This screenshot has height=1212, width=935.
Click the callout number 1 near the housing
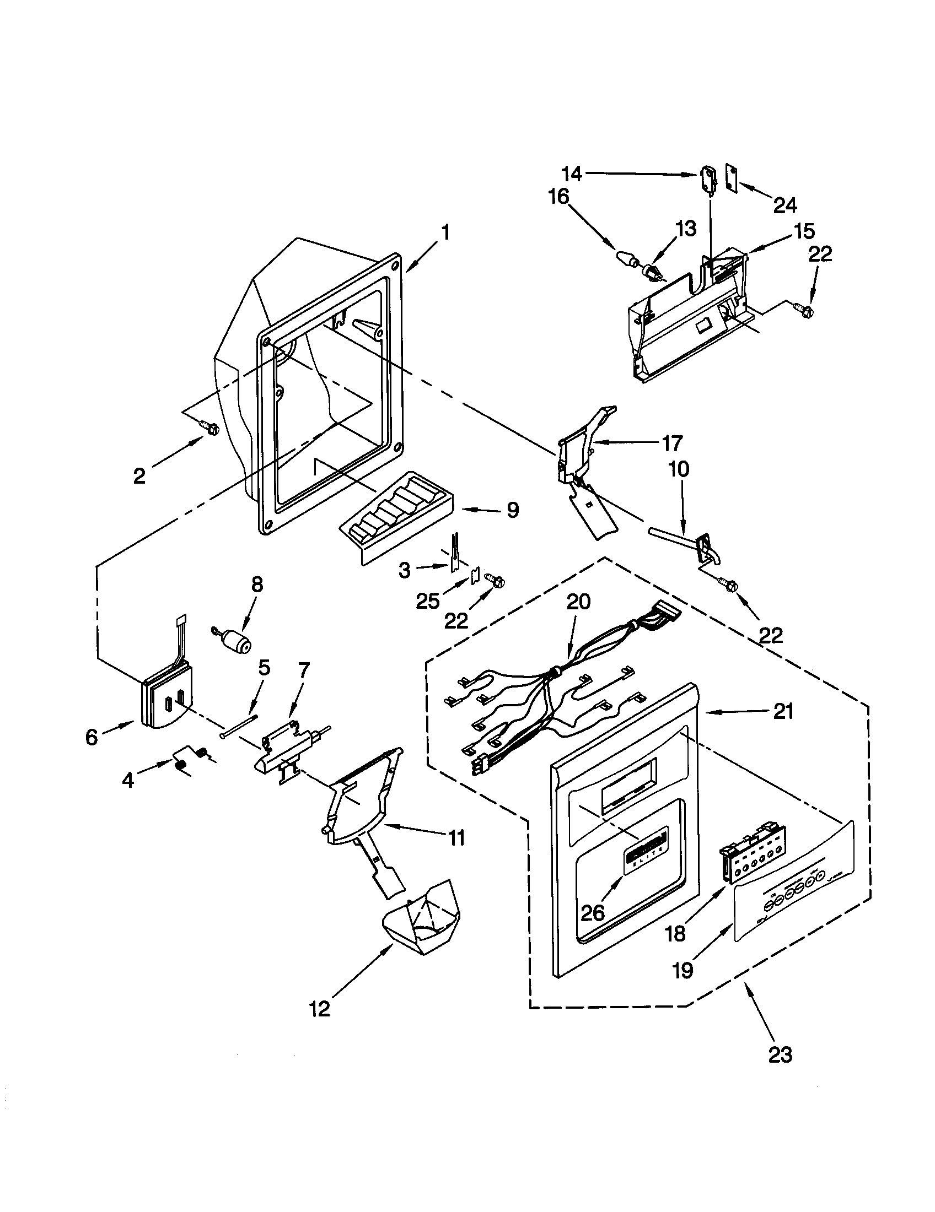(x=445, y=233)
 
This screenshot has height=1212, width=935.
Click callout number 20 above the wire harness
(x=578, y=602)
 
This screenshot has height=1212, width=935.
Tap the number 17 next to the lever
(x=671, y=443)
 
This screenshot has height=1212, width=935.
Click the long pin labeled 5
(x=239, y=726)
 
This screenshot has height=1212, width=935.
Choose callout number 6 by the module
(x=92, y=737)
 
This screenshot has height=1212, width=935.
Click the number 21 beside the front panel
(x=783, y=711)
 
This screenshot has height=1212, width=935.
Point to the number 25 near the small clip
(x=428, y=600)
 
